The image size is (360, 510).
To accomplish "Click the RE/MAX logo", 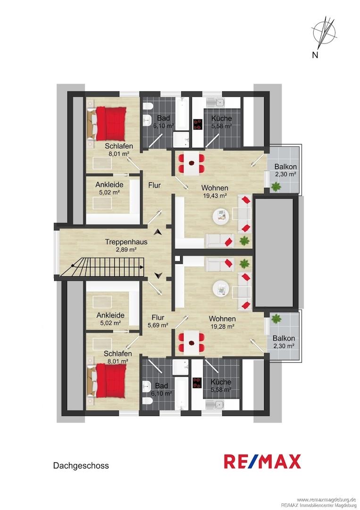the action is tap(262, 461).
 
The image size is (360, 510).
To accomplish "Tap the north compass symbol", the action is tap(324, 33).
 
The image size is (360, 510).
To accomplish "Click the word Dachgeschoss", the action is tap(81, 466).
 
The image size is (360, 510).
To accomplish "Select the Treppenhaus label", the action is tap(126, 242).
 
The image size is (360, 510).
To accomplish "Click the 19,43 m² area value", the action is tap(214, 196).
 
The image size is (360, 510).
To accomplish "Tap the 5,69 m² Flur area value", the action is tap(158, 325).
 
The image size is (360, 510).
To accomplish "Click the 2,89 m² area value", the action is tap(126, 249).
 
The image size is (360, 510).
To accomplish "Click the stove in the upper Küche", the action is tap(198, 124).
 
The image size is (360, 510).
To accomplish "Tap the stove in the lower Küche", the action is tap(197, 383).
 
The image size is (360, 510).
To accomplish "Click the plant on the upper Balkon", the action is tap(276, 187).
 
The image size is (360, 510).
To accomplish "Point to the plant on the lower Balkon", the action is tap(276, 318).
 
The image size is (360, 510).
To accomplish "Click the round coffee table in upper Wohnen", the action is tap(222, 215).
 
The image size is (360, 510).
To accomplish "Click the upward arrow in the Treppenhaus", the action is tap(158, 232).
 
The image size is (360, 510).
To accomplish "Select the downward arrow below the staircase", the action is tap(158, 276).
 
